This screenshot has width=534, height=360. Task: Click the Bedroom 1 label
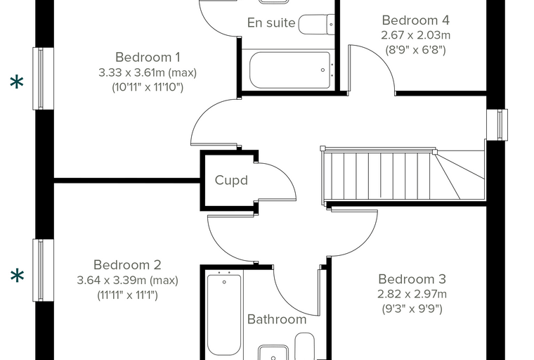click(148, 57)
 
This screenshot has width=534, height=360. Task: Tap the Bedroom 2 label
click(127, 265)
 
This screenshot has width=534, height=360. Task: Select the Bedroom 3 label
click(412, 279)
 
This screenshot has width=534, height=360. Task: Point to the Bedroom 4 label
click(415, 20)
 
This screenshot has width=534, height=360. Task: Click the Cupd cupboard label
click(231, 180)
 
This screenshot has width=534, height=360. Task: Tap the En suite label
click(271, 22)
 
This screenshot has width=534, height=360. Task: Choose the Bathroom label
click(277, 319)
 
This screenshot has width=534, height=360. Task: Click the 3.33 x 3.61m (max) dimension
click(148, 72)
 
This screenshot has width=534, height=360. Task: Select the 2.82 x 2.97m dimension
click(412, 294)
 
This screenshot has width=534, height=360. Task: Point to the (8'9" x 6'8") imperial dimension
click(415, 50)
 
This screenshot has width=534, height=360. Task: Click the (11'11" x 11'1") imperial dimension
click(127, 295)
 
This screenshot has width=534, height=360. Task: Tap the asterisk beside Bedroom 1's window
click(17, 83)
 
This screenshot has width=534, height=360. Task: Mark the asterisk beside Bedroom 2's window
click(17, 276)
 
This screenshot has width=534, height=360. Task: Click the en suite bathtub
click(289, 70)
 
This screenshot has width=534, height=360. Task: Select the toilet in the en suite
click(316, 24)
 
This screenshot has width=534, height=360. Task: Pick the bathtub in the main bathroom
click(224, 314)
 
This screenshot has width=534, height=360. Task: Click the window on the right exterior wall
click(497, 124)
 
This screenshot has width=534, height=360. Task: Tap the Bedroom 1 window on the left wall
click(43, 79)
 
